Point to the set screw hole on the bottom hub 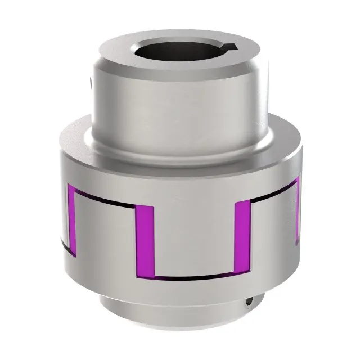click(x=247, y=304)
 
